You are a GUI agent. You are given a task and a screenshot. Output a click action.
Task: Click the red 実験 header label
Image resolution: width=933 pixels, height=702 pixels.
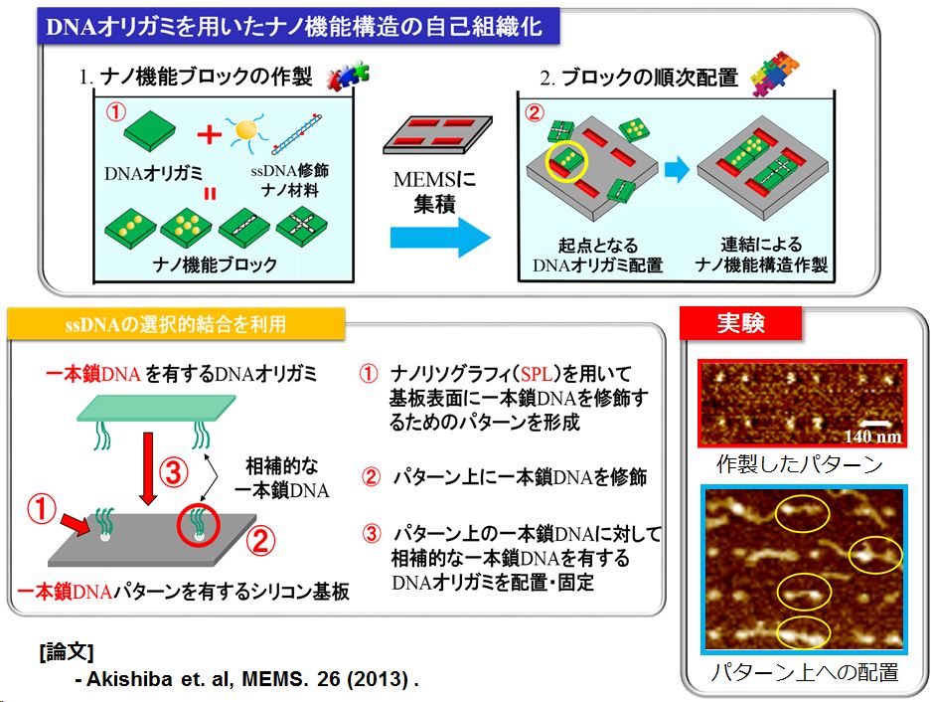coord(741,323)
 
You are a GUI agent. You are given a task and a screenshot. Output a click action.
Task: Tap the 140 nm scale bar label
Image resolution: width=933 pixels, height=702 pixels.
coord(872,437)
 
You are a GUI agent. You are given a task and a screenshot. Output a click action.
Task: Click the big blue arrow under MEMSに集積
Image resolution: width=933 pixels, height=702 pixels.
coord(440,237)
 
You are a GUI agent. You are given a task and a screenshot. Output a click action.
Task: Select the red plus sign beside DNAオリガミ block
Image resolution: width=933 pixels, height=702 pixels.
coord(209,134)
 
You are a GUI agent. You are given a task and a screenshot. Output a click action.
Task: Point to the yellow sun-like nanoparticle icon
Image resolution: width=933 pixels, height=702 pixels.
coord(246,131)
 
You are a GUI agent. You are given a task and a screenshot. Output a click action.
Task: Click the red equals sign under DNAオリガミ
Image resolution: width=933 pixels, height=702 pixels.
coord(210,194)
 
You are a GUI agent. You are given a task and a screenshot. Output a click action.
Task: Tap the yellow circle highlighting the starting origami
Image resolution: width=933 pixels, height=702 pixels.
coord(566,161)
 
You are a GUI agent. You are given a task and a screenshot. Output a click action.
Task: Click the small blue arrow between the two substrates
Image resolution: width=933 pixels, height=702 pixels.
coord(677,170)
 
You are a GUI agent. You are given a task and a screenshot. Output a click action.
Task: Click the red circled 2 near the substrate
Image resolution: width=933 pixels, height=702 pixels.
coord(260,541)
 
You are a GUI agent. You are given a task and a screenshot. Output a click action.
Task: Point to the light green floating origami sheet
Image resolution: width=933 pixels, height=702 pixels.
coord(156,409)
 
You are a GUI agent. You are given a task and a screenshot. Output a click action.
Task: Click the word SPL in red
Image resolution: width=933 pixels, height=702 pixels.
coord(537,373)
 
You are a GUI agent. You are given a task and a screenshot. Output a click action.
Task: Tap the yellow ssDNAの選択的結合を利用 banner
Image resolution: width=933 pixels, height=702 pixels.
coord(176,324)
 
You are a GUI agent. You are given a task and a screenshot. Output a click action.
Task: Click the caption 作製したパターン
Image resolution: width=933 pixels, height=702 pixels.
coord(799,463)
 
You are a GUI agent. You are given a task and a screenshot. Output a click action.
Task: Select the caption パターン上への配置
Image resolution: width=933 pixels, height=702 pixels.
coord(805,672)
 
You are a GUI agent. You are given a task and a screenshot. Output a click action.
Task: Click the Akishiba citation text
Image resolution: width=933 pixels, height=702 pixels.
coord(247,679)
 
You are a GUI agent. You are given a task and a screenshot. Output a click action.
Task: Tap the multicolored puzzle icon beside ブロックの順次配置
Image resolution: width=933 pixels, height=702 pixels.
coord(774,74)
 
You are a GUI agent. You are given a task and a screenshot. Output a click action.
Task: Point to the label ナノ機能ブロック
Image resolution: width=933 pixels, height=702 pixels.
coord(215,263)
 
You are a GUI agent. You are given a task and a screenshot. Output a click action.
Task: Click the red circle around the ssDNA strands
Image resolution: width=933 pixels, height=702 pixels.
coord(199,525)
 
